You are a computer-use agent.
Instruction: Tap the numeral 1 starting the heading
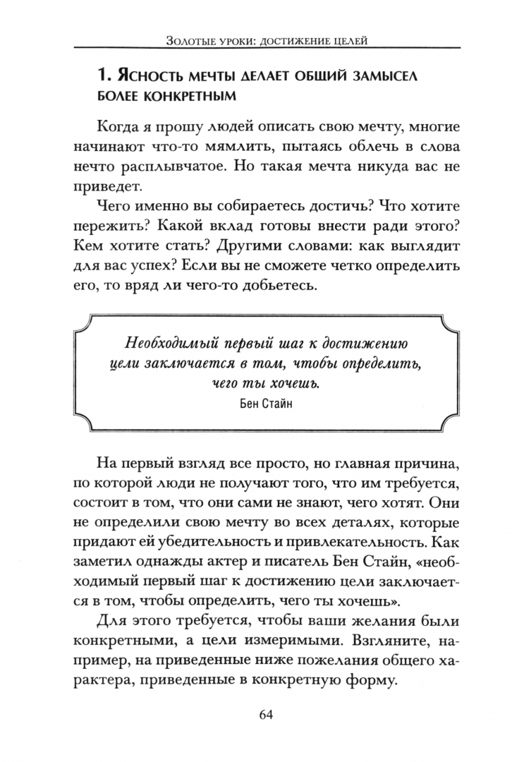[101, 73]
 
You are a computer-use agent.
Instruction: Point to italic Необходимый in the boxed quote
[166, 344]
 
